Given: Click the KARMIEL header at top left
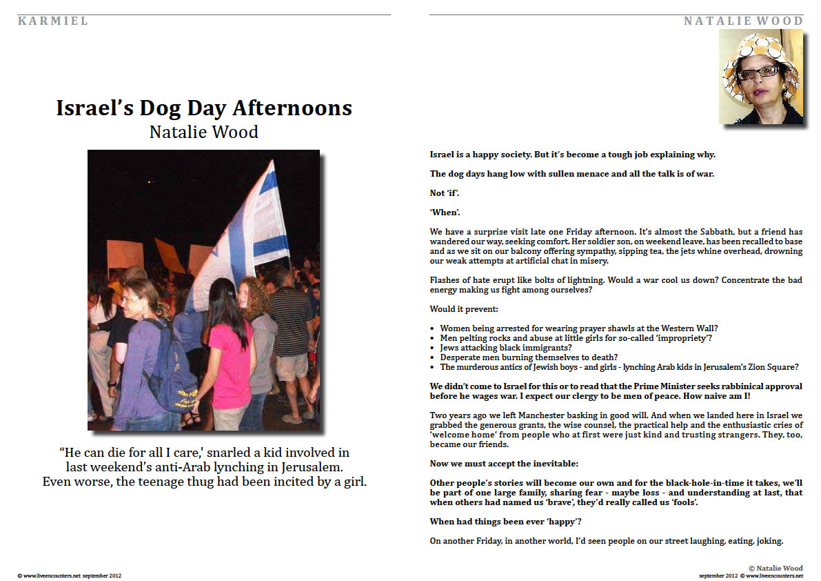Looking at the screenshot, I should pyautogui.click(x=53, y=21).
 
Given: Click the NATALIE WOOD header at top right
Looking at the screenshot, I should pyautogui.click(x=743, y=21).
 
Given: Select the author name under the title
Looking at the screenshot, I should pyautogui.click(x=203, y=131).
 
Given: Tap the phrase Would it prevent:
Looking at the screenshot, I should pyautogui.click(x=458, y=309).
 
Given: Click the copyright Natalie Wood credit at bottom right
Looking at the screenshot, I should pyautogui.click(x=776, y=568).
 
